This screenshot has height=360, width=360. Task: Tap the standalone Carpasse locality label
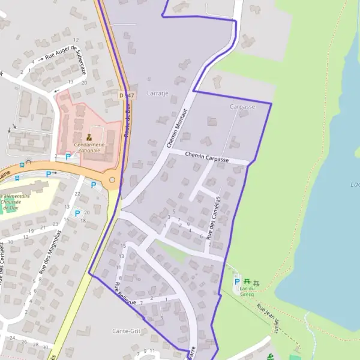242,106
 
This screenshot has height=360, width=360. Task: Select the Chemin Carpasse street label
207,157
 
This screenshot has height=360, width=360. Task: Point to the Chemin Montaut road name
178,128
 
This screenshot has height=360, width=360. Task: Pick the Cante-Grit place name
126,331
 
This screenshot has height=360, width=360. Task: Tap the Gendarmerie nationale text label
89,148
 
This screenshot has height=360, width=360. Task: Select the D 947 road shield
125,95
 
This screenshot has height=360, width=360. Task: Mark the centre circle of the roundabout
112,179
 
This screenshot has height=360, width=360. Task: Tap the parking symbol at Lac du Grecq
236,281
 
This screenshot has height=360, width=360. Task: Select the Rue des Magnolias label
50,252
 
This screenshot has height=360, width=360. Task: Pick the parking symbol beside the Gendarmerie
68,157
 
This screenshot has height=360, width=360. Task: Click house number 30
45,346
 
